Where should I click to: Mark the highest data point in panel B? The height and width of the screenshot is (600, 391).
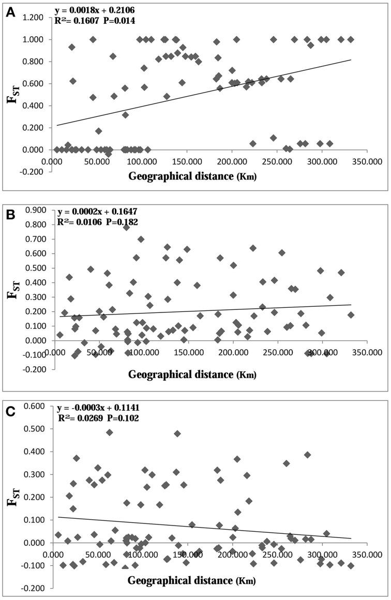(126, 227)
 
